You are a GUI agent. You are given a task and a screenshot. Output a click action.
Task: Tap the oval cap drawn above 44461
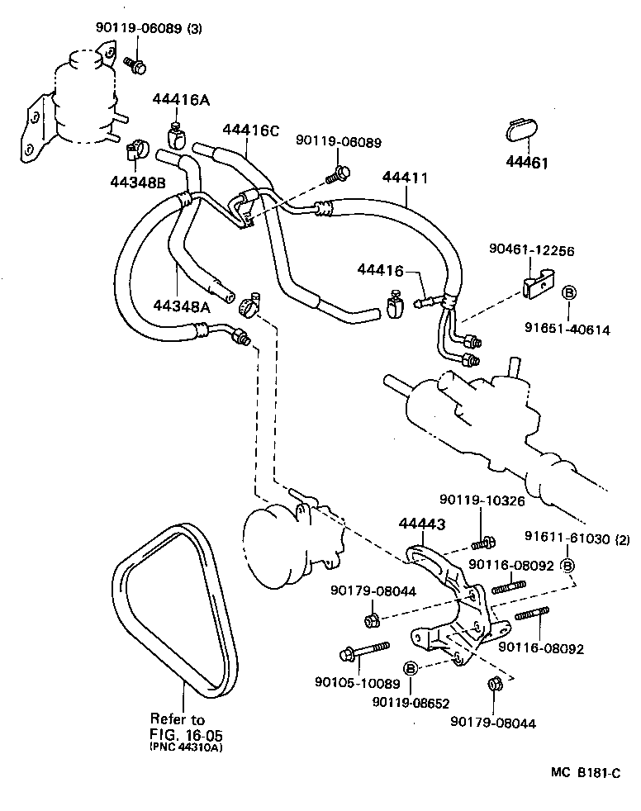point(522,133)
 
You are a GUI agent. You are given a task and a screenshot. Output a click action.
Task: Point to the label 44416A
point(180,100)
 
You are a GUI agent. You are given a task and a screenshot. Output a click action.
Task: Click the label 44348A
point(182,306)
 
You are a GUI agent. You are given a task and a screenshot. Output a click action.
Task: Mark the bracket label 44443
point(422,522)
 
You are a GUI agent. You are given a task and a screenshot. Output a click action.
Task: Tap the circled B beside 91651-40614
point(569,293)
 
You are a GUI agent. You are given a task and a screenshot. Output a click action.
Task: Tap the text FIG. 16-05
point(187,734)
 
